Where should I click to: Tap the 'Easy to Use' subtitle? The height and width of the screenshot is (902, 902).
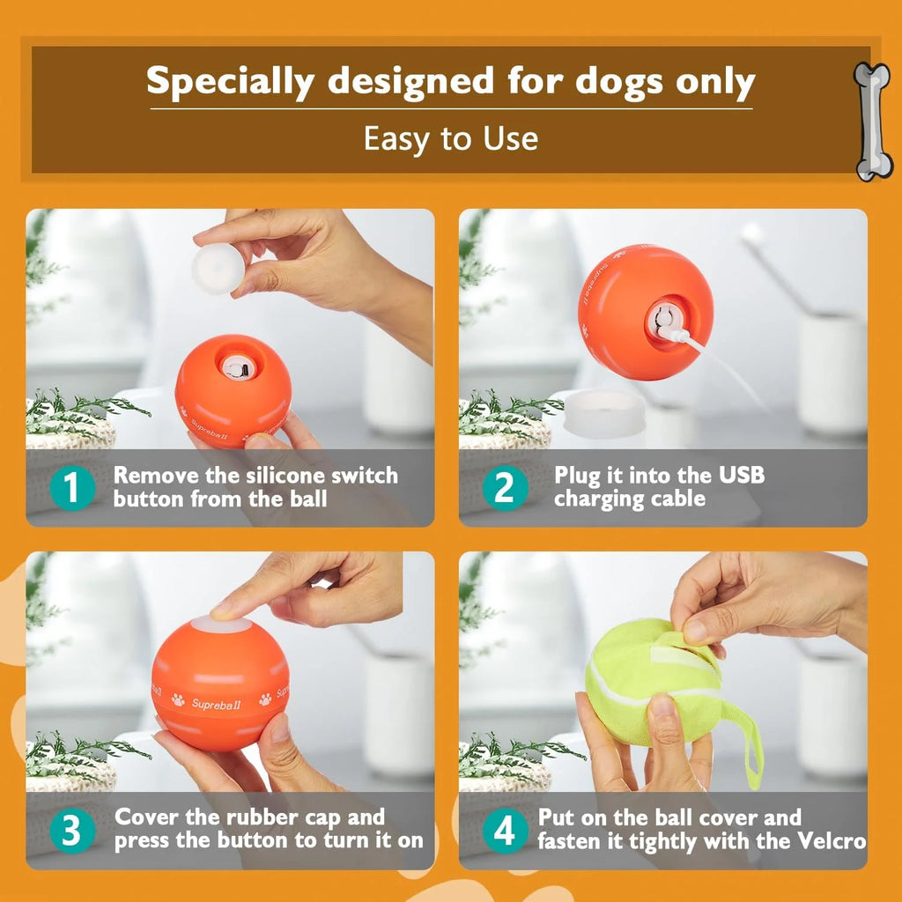pos(450,138)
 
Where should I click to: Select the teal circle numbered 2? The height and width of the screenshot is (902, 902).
pos(506,488)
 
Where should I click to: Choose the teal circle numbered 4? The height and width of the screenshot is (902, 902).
pos(506,830)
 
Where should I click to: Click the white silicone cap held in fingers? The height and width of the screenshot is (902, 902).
pos(217,269)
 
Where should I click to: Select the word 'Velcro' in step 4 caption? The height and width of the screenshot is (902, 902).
pos(829,840)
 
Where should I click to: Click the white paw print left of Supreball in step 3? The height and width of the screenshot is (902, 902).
pos(178,701)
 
